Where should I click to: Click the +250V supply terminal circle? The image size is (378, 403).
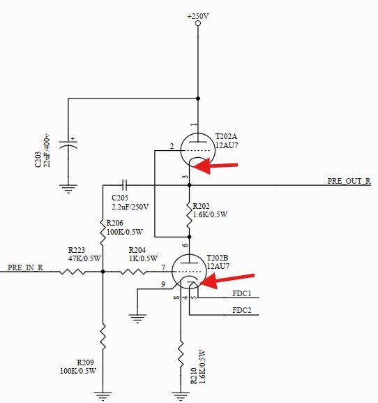tap(198, 23)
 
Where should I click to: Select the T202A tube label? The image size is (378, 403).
tap(226, 136)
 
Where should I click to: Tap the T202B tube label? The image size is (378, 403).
tap(218, 258)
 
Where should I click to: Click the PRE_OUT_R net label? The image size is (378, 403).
tap(349, 181)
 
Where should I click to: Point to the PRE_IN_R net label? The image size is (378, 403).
tap(25, 268)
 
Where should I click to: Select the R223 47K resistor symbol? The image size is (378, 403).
tap(73, 272)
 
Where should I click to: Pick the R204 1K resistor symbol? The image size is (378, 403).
tap(133, 272)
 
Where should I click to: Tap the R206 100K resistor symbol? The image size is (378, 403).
tap(103, 232)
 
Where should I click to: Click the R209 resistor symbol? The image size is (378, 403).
tap(103, 337)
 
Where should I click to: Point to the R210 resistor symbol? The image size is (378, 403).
tap(181, 354)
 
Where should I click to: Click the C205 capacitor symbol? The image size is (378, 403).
tap(124, 185)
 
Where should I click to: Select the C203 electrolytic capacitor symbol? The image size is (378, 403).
tap(68, 145)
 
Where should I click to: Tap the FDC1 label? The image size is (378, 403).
tap(242, 293)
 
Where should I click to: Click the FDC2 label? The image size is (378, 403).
tap(242, 310)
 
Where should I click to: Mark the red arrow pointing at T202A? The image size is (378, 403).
tap(215, 166)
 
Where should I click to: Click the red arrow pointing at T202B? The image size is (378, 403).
tap(227, 280)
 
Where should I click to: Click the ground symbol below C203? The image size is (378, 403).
tap(68, 189)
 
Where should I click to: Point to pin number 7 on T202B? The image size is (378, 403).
tap(163, 268)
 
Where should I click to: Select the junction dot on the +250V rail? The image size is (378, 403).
tap(198, 98)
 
